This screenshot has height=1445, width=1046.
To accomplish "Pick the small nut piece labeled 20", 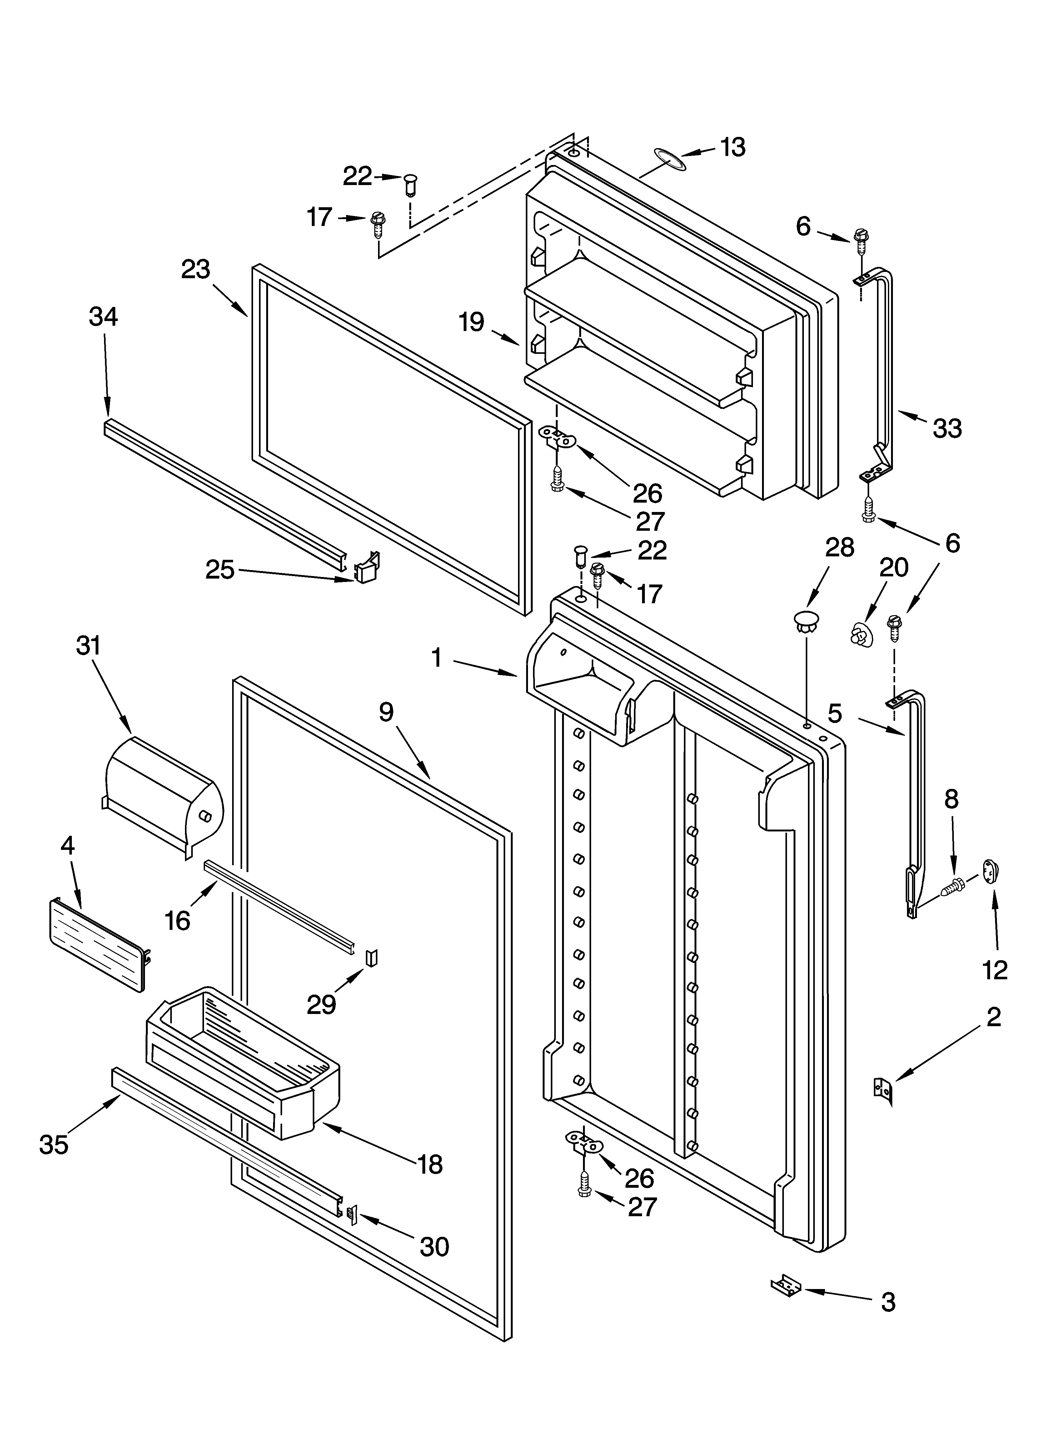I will click(x=860, y=633).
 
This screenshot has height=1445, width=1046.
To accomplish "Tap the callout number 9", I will click(x=386, y=712).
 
